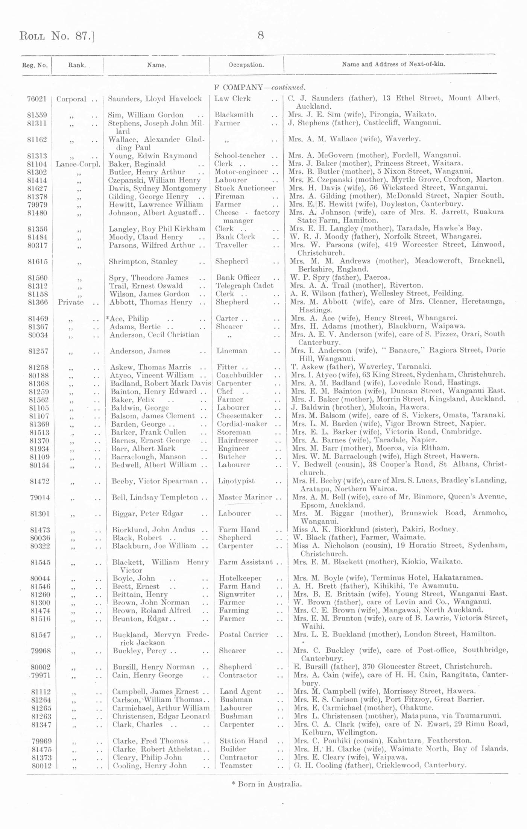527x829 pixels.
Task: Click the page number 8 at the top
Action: (260, 36)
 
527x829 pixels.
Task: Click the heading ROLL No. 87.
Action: (56, 36)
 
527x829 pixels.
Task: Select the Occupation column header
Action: (246, 65)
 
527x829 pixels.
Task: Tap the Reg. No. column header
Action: (35, 65)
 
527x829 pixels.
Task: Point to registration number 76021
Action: (37, 99)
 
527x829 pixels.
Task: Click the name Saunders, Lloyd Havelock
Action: (155, 99)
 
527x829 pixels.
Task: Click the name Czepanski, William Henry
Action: (155, 180)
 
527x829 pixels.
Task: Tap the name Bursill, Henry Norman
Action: (153, 667)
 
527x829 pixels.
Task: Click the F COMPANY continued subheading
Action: (260, 88)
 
